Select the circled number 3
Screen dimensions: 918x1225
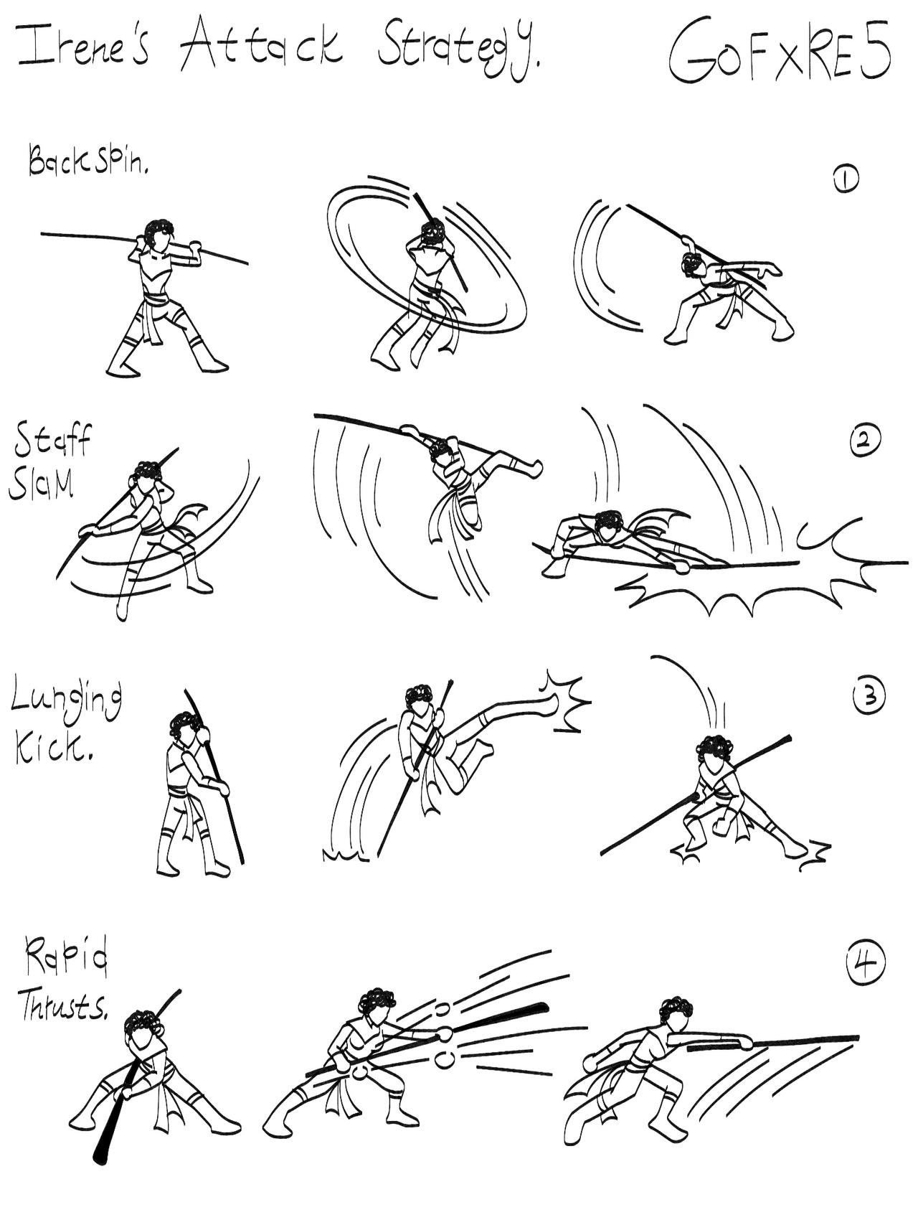869,695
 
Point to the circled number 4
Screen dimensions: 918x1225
865,964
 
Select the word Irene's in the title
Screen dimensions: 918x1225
82,47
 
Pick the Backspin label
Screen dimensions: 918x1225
88,159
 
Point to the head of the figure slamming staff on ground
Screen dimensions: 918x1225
609,527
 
